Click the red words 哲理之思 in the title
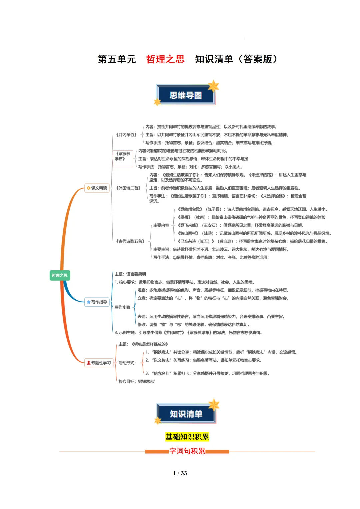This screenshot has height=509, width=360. (165, 59)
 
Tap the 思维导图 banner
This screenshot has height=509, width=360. (186, 95)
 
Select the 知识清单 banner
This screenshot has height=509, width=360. (186, 414)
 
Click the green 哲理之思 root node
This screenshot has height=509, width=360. (60, 275)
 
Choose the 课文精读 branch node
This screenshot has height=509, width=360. (97, 188)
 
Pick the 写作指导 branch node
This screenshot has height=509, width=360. (97, 302)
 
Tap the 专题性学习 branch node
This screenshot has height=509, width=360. (99, 363)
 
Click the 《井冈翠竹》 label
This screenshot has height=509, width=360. (126, 135)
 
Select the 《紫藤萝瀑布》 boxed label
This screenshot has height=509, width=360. (123, 156)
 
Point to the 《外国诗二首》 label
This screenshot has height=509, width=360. (128, 188)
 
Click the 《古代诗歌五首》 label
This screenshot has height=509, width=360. (130, 241)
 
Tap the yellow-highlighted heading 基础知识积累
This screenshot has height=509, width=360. (187, 437)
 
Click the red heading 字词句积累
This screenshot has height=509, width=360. (187, 451)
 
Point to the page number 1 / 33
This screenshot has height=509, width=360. (180, 473)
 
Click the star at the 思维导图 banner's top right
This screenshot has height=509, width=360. (213, 86)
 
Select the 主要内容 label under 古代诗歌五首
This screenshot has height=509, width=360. (161, 225)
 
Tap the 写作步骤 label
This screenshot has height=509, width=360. (122, 307)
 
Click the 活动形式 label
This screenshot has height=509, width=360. (127, 363)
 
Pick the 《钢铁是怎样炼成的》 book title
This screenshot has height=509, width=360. (150, 344)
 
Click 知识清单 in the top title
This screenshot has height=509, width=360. (214, 59)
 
